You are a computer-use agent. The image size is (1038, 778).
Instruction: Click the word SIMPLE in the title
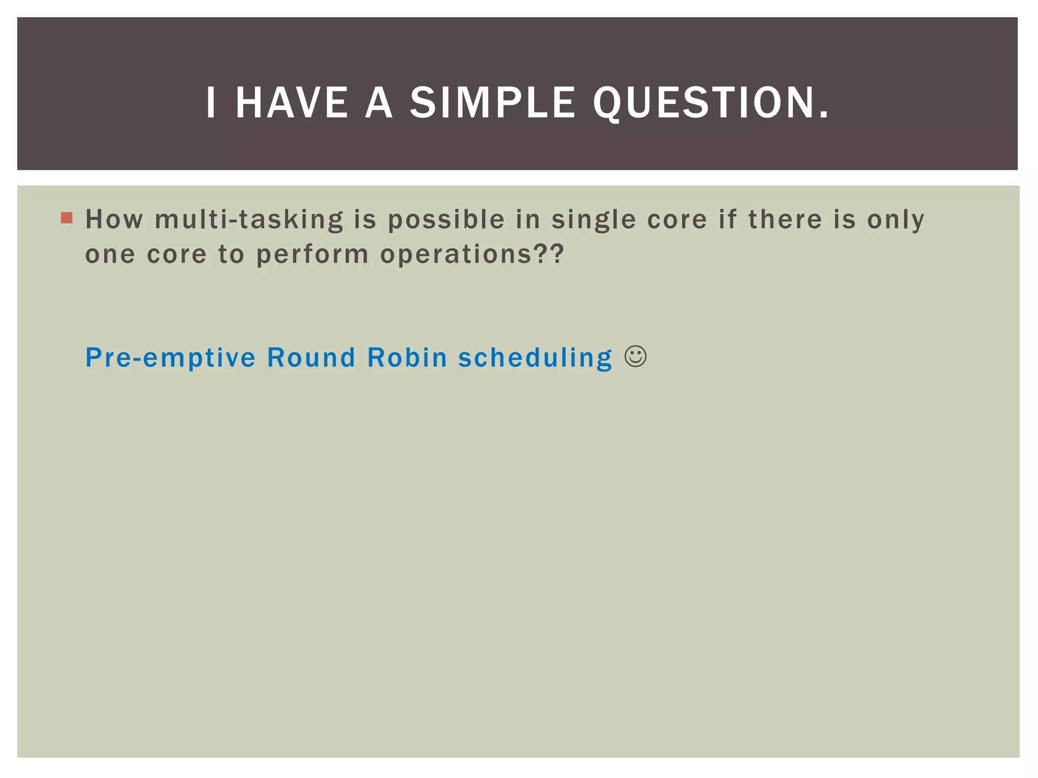coord(492,103)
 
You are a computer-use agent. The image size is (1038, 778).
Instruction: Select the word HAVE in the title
coord(291,103)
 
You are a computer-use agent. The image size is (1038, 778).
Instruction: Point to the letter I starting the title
coord(211,103)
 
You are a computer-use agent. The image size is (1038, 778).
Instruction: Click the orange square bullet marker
coord(66,218)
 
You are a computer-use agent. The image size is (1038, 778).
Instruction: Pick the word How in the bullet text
coord(114,219)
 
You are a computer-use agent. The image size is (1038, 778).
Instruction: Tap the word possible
coord(446,220)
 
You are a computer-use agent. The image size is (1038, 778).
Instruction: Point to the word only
coord(896,220)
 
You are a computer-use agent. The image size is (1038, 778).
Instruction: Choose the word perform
coord(312,255)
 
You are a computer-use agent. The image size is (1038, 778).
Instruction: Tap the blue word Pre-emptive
coord(170,358)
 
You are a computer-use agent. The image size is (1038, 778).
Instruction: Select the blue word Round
coord(311,357)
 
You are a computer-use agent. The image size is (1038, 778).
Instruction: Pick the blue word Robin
coord(407,357)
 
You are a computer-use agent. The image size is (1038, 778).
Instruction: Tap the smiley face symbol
coord(636,356)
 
